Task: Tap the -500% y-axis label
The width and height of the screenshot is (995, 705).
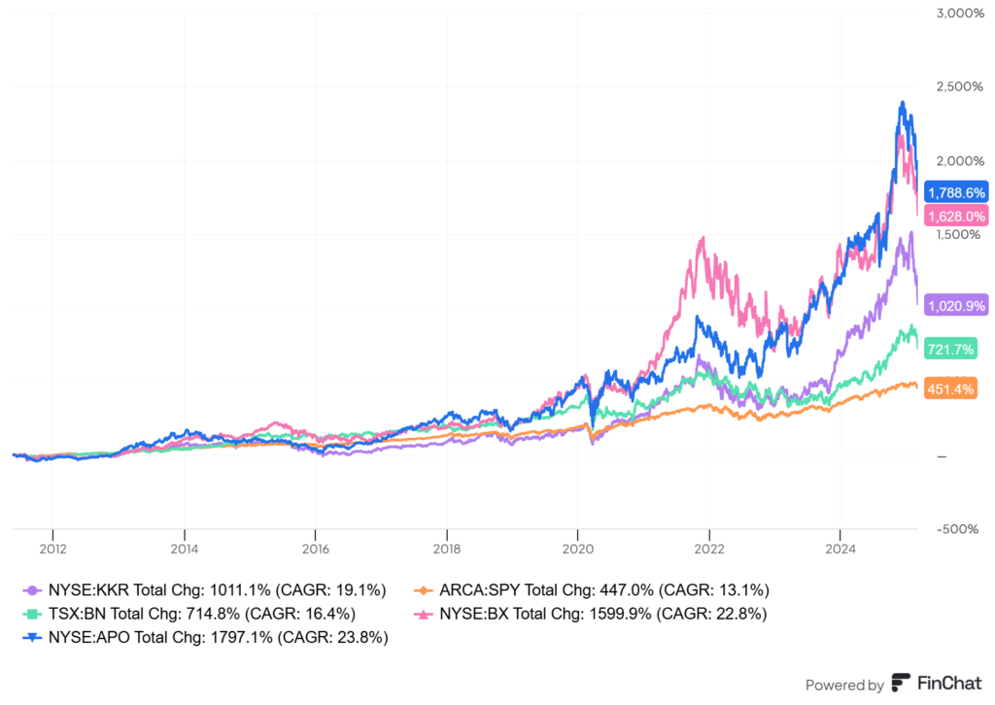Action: point(960,529)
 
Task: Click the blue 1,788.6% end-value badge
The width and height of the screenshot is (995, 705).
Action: point(957,192)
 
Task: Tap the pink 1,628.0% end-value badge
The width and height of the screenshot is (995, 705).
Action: point(957,216)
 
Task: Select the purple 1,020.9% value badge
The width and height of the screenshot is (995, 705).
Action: point(957,306)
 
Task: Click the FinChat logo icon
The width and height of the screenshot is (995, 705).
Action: point(901,684)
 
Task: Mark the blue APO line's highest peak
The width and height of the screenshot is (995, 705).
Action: point(903,102)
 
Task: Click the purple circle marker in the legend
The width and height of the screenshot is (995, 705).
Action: point(33,589)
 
